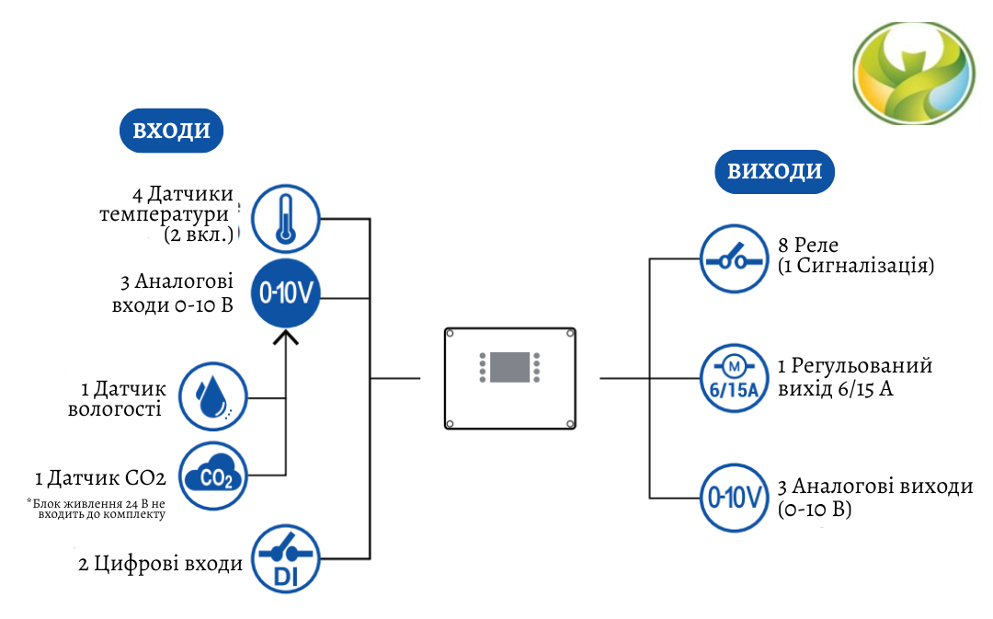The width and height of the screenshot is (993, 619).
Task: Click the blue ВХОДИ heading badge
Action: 172,131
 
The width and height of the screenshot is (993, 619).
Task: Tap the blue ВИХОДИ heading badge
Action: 775,172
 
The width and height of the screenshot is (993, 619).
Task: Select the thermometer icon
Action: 286,219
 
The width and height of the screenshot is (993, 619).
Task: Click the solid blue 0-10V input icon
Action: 286,293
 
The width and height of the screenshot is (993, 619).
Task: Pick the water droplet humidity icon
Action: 211,396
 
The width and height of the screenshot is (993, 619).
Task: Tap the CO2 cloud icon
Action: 212,476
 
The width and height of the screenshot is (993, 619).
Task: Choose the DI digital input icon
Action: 285,559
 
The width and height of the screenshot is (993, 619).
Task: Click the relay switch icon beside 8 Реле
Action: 733,258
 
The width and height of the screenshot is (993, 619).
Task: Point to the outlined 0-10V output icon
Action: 733,499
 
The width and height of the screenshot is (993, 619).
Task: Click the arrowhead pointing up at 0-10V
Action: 286,339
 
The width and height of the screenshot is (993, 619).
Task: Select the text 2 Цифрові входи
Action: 160,563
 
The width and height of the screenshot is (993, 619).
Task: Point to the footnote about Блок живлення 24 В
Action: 96,509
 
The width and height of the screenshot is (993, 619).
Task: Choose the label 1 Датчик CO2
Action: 100,478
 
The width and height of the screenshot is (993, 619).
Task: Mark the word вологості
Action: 115,409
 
